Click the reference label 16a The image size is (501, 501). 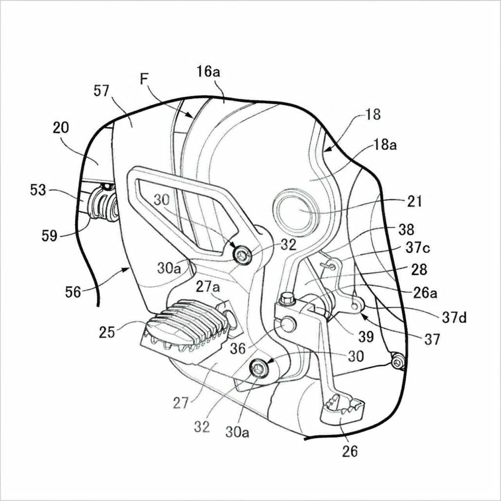point(208,72)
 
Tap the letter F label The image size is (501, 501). point(144,79)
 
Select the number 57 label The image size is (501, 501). point(101,91)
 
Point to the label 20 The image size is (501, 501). point(61,128)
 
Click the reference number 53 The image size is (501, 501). point(38,190)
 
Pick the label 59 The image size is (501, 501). point(49,236)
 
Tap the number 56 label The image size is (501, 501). point(73,292)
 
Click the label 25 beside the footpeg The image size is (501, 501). point(107,332)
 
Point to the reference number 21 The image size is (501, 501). point(414,201)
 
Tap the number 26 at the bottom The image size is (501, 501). point(350,451)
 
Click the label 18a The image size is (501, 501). point(385,145)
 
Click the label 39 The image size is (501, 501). point(366,336)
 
